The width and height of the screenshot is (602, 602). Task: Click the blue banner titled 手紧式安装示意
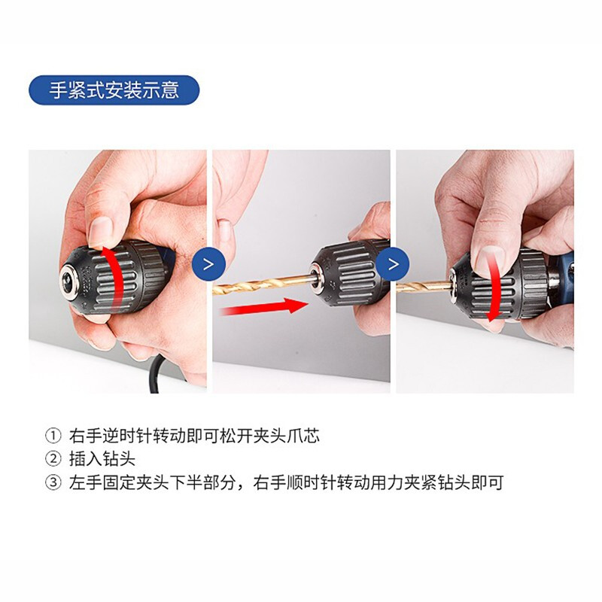point(114,90)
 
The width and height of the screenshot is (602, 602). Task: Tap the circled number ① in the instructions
point(53,436)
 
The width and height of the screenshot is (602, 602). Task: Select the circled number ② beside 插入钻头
point(53,459)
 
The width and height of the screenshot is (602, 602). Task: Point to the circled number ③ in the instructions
point(53,482)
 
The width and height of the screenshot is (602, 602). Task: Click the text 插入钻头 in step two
point(102,459)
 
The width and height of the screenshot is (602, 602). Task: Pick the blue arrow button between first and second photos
point(208,264)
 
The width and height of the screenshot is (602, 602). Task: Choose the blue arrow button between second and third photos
point(393,264)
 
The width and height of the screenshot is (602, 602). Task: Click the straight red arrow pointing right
point(264,306)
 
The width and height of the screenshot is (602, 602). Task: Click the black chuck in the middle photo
point(348,274)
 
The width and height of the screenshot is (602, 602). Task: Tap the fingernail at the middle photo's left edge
point(223,231)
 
